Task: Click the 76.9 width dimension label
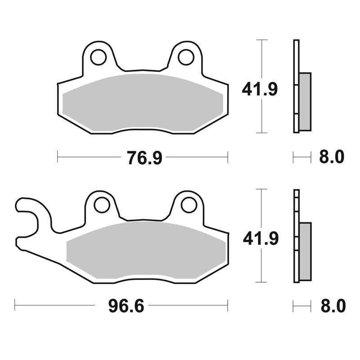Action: pyautogui.click(x=144, y=157)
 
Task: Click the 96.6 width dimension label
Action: pyautogui.click(x=126, y=306)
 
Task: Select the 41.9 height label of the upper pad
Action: pyautogui.click(x=260, y=89)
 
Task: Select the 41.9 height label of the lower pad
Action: pyautogui.click(x=261, y=238)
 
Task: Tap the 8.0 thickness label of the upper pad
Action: pyautogui.click(x=332, y=157)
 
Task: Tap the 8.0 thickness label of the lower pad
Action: pyautogui.click(x=333, y=306)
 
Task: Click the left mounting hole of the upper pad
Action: pyautogui.click(x=98, y=57)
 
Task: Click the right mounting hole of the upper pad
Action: pyautogui.click(x=186, y=57)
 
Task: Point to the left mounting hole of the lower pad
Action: pyautogui.click(x=102, y=205)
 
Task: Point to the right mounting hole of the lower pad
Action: pyautogui.click(x=189, y=205)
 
